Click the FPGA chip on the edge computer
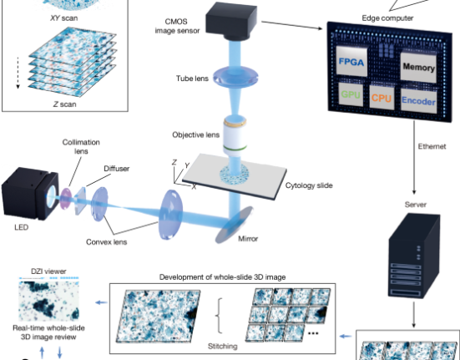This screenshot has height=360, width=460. (x=351, y=61)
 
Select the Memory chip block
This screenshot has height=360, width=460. (x=418, y=67)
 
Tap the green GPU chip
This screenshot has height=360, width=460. (x=351, y=94)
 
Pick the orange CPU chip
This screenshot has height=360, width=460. (x=382, y=98)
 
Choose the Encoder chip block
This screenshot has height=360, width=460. (x=418, y=100)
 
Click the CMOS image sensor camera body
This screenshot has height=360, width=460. (x=231, y=22)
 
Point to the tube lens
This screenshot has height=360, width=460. (x=236, y=77)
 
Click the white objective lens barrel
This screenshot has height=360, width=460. (x=235, y=136)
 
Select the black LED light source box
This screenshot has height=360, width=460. (x=29, y=193)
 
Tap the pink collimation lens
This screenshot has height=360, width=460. (x=66, y=199)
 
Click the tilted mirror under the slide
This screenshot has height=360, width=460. (x=234, y=225)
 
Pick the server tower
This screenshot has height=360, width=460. (x=414, y=256)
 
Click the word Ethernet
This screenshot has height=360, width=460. (x=432, y=146)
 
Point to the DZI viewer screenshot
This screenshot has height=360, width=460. (x=48, y=299)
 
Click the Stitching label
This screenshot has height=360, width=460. (x=223, y=346)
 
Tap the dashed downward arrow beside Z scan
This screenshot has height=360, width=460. (x=18, y=73)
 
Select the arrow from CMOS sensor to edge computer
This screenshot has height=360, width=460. (x=292, y=25)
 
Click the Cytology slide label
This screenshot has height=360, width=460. (x=309, y=185)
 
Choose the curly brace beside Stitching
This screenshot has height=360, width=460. (x=219, y=316)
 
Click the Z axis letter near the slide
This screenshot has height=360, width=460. (x=174, y=162)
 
